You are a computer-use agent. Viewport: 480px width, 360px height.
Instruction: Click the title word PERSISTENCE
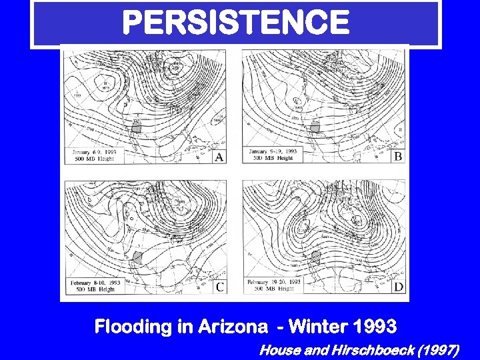click(x=236, y=23)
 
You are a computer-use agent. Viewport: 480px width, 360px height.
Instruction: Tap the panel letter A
click(x=219, y=157)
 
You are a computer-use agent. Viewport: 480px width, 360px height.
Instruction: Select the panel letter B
click(x=397, y=157)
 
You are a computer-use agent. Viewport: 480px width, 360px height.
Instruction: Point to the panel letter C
click(x=219, y=287)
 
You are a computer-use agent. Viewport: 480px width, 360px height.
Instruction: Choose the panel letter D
click(x=398, y=287)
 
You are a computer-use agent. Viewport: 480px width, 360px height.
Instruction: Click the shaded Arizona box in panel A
click(x=137, y=126)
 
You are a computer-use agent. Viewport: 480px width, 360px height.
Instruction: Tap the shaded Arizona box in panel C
click(x=138, y=257)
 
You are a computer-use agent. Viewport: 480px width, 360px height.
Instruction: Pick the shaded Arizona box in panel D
click(x=316, y=257)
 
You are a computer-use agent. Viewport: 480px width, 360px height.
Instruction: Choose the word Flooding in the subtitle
click(x=133, y=327)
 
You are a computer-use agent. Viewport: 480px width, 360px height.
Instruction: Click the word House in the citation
click(x=277, y=349)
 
